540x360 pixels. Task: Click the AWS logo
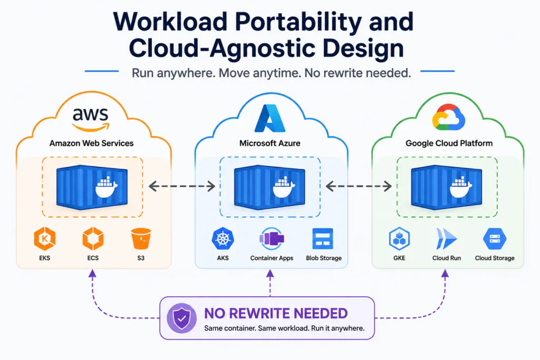coord(91,119)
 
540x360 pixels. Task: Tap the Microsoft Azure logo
coord(269,118)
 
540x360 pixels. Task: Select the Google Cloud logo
coord(448,117)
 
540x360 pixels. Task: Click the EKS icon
coord(45,239)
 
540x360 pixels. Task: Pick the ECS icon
coord(93,239)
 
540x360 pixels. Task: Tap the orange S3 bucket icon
coord(141,239)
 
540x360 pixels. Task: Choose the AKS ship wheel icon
coord(223,239)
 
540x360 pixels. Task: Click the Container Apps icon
coord(272,239)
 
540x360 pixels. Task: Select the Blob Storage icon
coord(323,239)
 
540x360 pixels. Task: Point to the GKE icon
coord(399,239)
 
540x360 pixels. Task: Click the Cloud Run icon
coord(446,239)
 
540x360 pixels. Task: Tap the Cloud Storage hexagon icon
coord(495,239)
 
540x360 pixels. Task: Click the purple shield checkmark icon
coord(181,318)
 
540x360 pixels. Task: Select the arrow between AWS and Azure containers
coord(182,186)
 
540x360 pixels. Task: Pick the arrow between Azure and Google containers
coord(359,186)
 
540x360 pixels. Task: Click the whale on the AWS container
coord(107,188)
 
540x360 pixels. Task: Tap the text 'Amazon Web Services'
coord(91,143)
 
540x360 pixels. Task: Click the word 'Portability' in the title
coord(298,22)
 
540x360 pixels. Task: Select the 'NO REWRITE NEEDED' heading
coord(276,314)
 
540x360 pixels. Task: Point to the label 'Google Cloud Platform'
coord(449,143)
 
